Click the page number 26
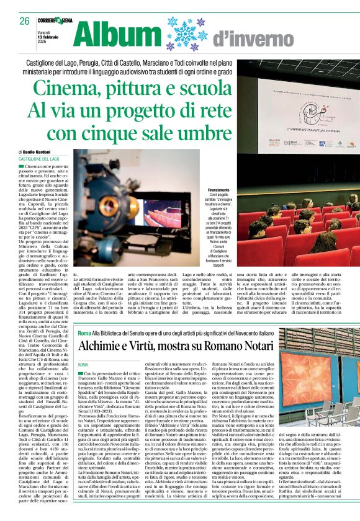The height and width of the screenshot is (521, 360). click(25, 20)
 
